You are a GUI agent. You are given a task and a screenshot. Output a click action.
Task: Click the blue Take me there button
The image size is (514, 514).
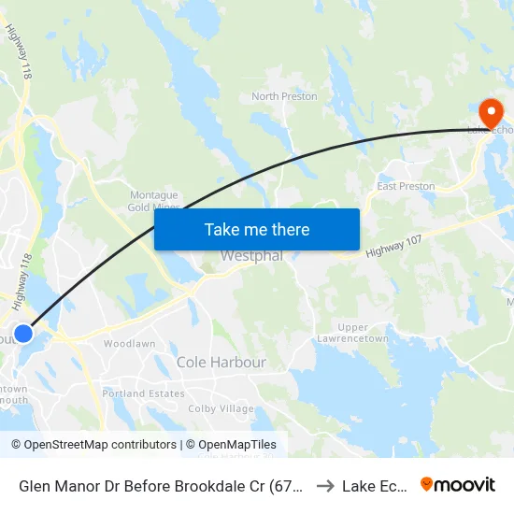[257, 229]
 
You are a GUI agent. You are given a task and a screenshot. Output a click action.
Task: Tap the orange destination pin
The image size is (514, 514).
[488, 113]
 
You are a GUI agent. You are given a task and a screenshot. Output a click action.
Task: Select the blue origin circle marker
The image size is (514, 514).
[24, 334]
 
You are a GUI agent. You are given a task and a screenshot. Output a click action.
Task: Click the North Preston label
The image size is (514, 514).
[284, 96]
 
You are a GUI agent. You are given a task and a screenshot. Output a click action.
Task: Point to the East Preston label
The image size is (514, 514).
[406, 186]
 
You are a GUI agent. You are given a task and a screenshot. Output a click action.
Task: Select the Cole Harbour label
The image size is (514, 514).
[221, 362]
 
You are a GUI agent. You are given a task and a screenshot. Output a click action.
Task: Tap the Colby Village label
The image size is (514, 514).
[221, 408]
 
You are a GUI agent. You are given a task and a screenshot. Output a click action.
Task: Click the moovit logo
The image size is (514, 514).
[457, 484]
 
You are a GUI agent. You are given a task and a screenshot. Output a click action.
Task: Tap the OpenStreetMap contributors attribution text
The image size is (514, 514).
[93, 445]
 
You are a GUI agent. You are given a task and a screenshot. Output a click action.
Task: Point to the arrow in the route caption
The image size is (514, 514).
[325, 485]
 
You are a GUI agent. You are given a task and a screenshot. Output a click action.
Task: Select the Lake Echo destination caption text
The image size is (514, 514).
[374, 485]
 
